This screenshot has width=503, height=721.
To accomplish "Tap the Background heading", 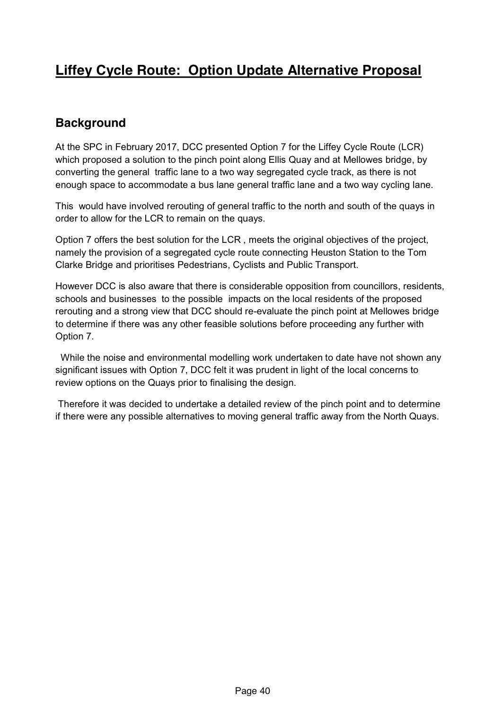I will point(91,123).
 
